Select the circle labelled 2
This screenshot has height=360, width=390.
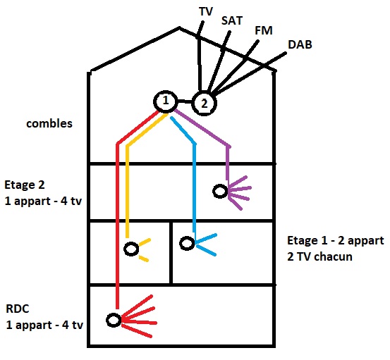point(193,104)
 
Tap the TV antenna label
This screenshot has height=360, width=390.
point(206,11)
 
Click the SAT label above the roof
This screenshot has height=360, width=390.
point(231,20)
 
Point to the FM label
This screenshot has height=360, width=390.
point(264,30)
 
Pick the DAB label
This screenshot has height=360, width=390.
point(300,44)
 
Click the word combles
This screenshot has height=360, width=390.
point(49,123)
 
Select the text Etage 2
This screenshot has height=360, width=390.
point(25,185)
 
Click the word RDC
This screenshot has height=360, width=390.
point(18,309)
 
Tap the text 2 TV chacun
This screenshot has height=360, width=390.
point(319,256)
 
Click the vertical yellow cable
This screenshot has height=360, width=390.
point(128,191)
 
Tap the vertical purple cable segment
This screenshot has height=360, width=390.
point(228,163)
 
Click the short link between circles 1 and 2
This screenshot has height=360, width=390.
point(185,101)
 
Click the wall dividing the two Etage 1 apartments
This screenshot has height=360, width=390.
point(171,253)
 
